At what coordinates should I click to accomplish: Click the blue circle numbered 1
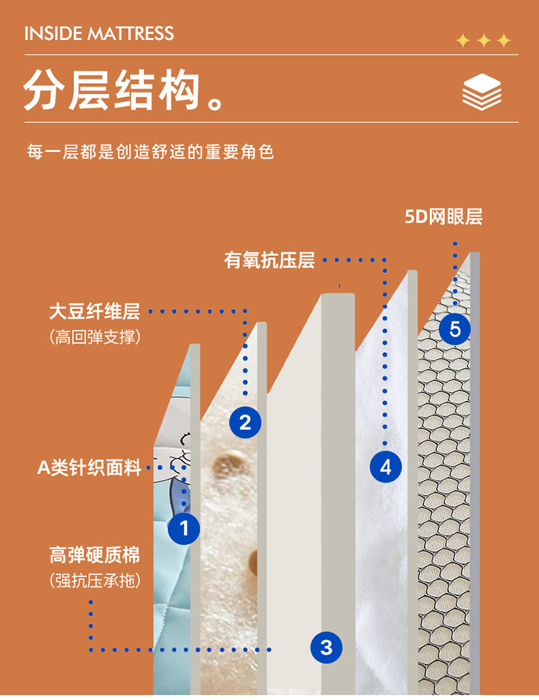184,528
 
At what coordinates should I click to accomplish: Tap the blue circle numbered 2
245,423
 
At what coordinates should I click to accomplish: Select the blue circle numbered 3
326,647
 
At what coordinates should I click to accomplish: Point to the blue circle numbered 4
385,467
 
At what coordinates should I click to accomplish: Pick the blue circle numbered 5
455,329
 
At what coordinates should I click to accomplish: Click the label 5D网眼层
443,217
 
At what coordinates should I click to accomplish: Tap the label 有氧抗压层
269,260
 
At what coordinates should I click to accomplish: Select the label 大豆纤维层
95,311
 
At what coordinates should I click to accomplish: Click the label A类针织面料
89,467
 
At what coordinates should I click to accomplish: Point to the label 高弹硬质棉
95,555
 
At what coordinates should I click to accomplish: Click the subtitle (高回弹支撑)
95,336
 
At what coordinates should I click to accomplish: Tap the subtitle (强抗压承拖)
95,581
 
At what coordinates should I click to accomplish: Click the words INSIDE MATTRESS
99,34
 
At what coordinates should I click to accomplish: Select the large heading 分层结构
111,90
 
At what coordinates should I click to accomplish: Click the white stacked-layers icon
482,92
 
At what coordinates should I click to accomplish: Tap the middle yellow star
484,41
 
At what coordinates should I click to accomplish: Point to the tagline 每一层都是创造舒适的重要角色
150,152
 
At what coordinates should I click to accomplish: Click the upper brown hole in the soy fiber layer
229,463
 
